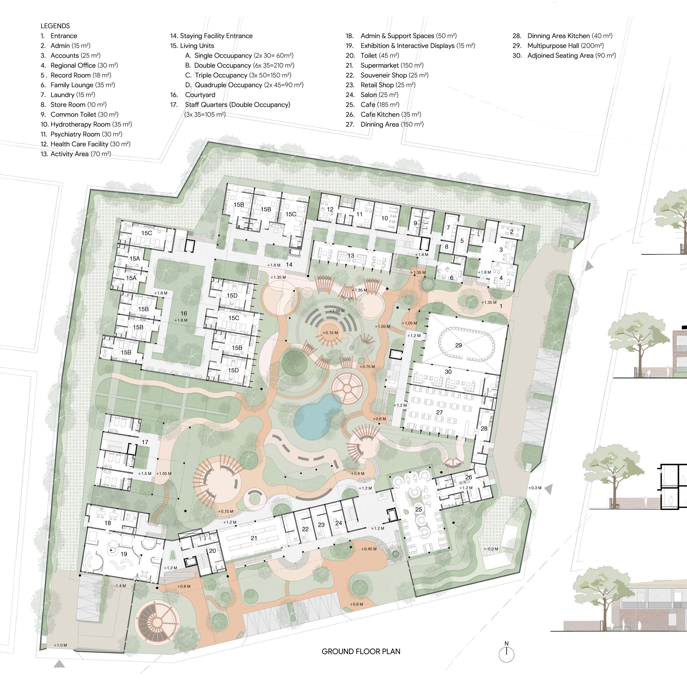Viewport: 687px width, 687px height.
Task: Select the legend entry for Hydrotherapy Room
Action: (x=86, y=124)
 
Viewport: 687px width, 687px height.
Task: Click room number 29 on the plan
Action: (x=458, y=345)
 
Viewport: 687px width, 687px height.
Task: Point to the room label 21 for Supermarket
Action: (x=254, y=538)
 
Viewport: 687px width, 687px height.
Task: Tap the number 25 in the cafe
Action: (x=418, y=509)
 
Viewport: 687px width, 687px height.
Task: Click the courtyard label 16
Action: (x=183, y=313)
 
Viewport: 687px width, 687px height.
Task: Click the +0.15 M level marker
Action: (x=330, y=333)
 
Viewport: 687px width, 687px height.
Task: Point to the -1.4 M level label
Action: (x=120, y=586)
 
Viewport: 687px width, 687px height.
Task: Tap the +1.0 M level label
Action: (x=60, y=645)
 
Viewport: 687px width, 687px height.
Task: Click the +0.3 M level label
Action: (x=535, y=488)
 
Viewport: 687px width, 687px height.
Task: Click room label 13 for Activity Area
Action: (x=351, y=255)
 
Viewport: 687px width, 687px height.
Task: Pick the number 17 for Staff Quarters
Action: (x=145, y=442)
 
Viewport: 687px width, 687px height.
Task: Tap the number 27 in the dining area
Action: (x=440, y=412)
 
